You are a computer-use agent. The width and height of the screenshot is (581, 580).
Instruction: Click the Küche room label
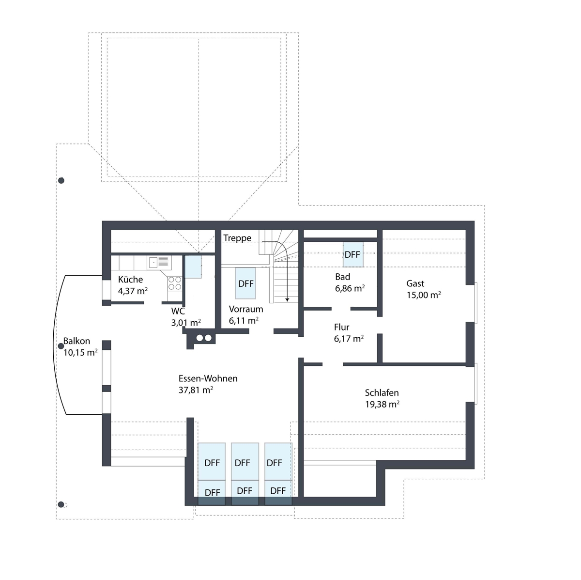[x=130, y=279]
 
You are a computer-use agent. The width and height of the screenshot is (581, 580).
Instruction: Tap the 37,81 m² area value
[x=196, y=390]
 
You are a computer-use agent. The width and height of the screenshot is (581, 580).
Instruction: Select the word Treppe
[x=237, y=238]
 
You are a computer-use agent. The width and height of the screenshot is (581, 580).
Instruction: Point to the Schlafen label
[x=382, y=392]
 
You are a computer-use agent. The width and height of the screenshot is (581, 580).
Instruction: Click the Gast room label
[x=415, y=283]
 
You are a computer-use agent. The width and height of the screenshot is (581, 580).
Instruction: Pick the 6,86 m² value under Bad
[x=350, y=288]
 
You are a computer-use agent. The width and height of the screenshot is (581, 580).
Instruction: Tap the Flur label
[x=342, y=327]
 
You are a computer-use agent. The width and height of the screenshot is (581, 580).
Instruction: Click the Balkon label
[x=76, y=341]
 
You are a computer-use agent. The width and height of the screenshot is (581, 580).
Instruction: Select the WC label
[x=178, y=311]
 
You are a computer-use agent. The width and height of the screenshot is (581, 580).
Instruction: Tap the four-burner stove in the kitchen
[x=175, y=283]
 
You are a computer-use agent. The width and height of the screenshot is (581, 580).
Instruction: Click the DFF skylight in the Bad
[x=353, y=254]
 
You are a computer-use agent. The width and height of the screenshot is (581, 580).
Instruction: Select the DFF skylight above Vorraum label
[x=245, y=283]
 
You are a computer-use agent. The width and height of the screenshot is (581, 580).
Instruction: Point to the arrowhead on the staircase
[x=287, y=299]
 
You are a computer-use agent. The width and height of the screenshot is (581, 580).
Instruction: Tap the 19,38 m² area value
[x=382, y=404]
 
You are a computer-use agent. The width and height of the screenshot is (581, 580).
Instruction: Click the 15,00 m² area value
[x=424, y=295]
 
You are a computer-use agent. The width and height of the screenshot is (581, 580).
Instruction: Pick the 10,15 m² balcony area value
[x=80, y=352]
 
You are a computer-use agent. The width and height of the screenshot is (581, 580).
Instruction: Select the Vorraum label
[x=246, y=309]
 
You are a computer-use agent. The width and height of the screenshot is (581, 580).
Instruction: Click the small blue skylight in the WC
[x=193, y=267]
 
